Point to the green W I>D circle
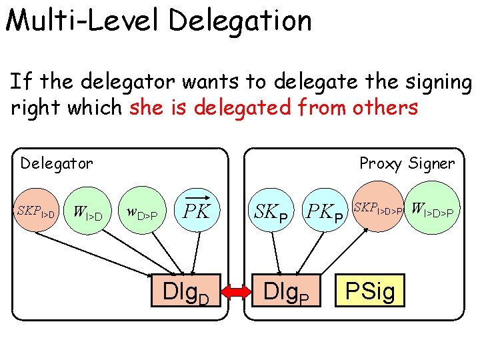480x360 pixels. point(87,213)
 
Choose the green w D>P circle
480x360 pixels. point(141,213)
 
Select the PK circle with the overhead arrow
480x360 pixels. point(197,212)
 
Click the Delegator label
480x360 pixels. point(57,163)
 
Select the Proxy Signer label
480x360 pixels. point(407,163)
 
